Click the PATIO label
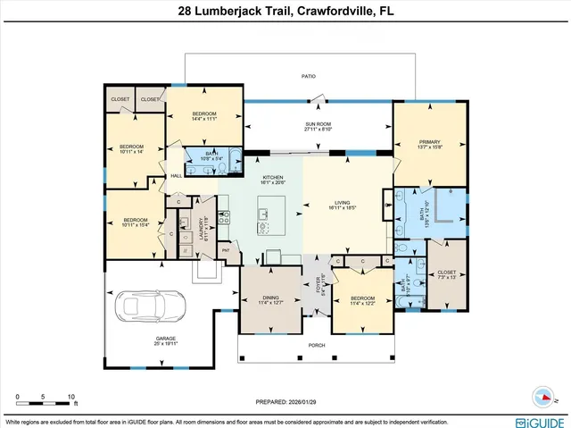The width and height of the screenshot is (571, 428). coord(308,77)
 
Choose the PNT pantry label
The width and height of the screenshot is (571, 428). coord(226,251)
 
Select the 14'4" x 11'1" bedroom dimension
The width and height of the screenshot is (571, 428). coord(205,119)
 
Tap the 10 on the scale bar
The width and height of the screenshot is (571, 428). coord(70,397)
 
